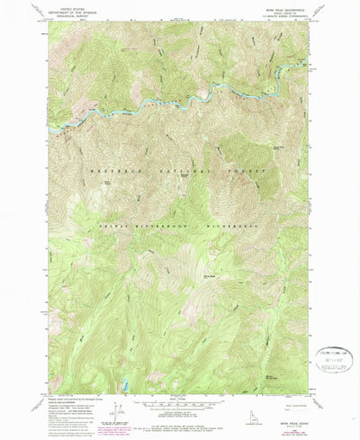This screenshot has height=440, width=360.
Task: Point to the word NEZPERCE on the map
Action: click(x=111, y=169)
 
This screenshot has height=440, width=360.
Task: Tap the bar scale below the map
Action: click(x=179, y=405)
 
